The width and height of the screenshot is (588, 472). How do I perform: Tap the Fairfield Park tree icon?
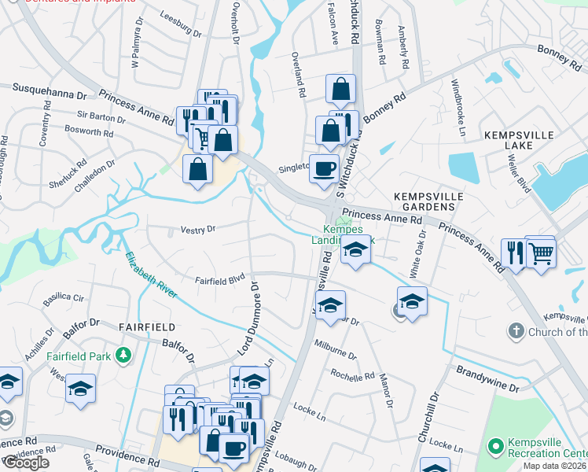(x=123, y=356)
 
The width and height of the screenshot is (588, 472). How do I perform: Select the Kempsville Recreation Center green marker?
(x=494, y=448)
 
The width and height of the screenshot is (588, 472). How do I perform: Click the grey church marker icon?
(x=516, y=331)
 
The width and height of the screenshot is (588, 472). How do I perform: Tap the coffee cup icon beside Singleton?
(x=323, y=169)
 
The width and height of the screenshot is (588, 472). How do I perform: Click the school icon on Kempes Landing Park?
(x=355, y=250)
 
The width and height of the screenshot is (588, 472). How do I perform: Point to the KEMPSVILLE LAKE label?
(x=519, y=142)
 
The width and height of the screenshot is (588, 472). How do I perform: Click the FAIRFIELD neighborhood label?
(x=145, y=326)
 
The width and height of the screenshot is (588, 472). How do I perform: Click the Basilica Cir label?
(x=67, y=298)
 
